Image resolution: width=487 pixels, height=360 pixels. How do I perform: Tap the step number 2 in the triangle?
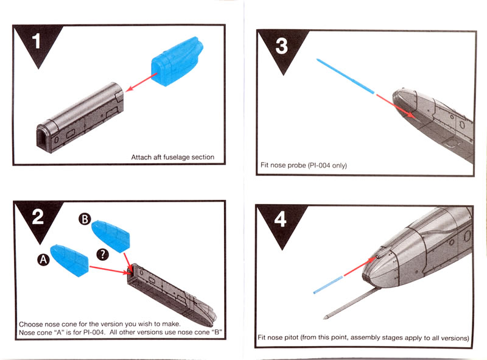(37, 217)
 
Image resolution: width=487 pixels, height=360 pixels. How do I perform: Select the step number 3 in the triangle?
(281, 45)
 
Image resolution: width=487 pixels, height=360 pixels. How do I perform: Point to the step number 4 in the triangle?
(281, 220)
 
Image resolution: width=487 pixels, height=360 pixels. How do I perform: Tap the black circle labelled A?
(43, 259)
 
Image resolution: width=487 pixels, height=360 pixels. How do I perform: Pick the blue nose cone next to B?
(111, 235)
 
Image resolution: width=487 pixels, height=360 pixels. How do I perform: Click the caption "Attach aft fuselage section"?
(173, 157)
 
